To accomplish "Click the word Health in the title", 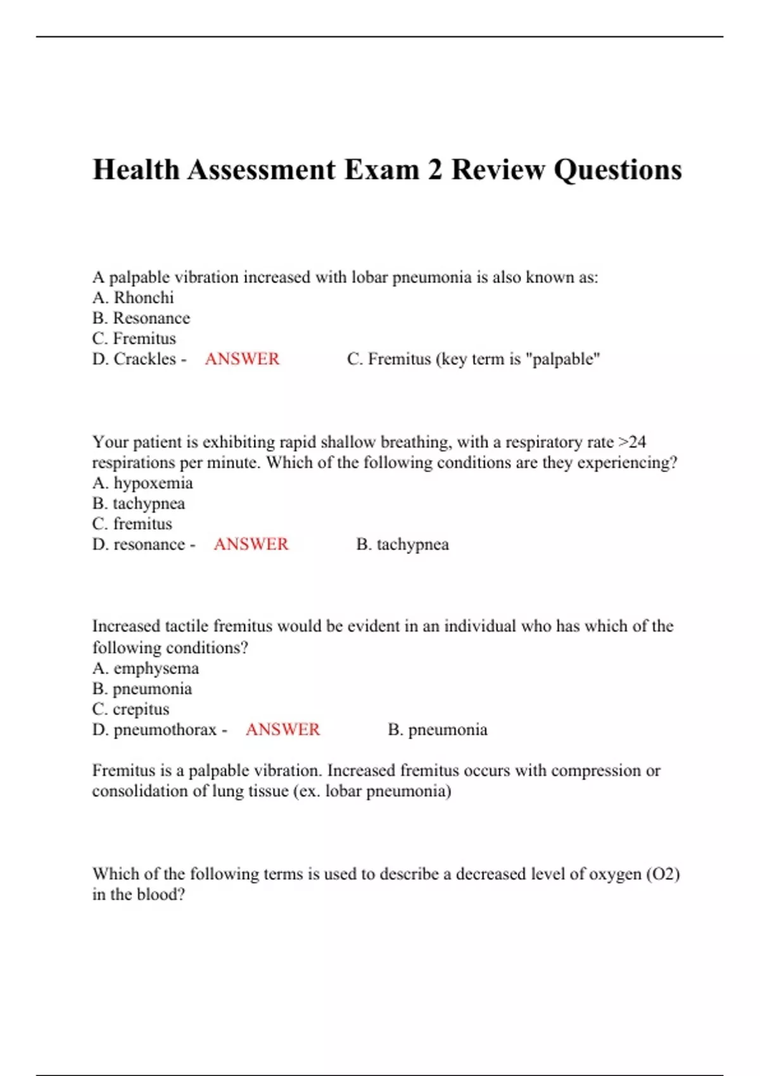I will (x=136, y=170).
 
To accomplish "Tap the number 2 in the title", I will (x=434, y=170).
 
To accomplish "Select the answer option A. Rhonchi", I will (x=133, y=297).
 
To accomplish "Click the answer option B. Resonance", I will (x=141, y=318).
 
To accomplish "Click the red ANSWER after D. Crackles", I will (x=242, y=359).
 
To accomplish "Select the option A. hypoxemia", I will (x=142, y=483).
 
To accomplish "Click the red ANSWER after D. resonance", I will (x=251, y=544).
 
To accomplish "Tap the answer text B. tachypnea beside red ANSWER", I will (x=403, y=544).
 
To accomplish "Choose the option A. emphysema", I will (x=146, y=668).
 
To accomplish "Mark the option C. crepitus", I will (x=131, y=710).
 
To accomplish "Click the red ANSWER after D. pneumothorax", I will (x=282, y=730).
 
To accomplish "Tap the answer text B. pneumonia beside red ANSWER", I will (x=438, y=730).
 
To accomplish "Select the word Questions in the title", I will (x=618, y=170).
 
